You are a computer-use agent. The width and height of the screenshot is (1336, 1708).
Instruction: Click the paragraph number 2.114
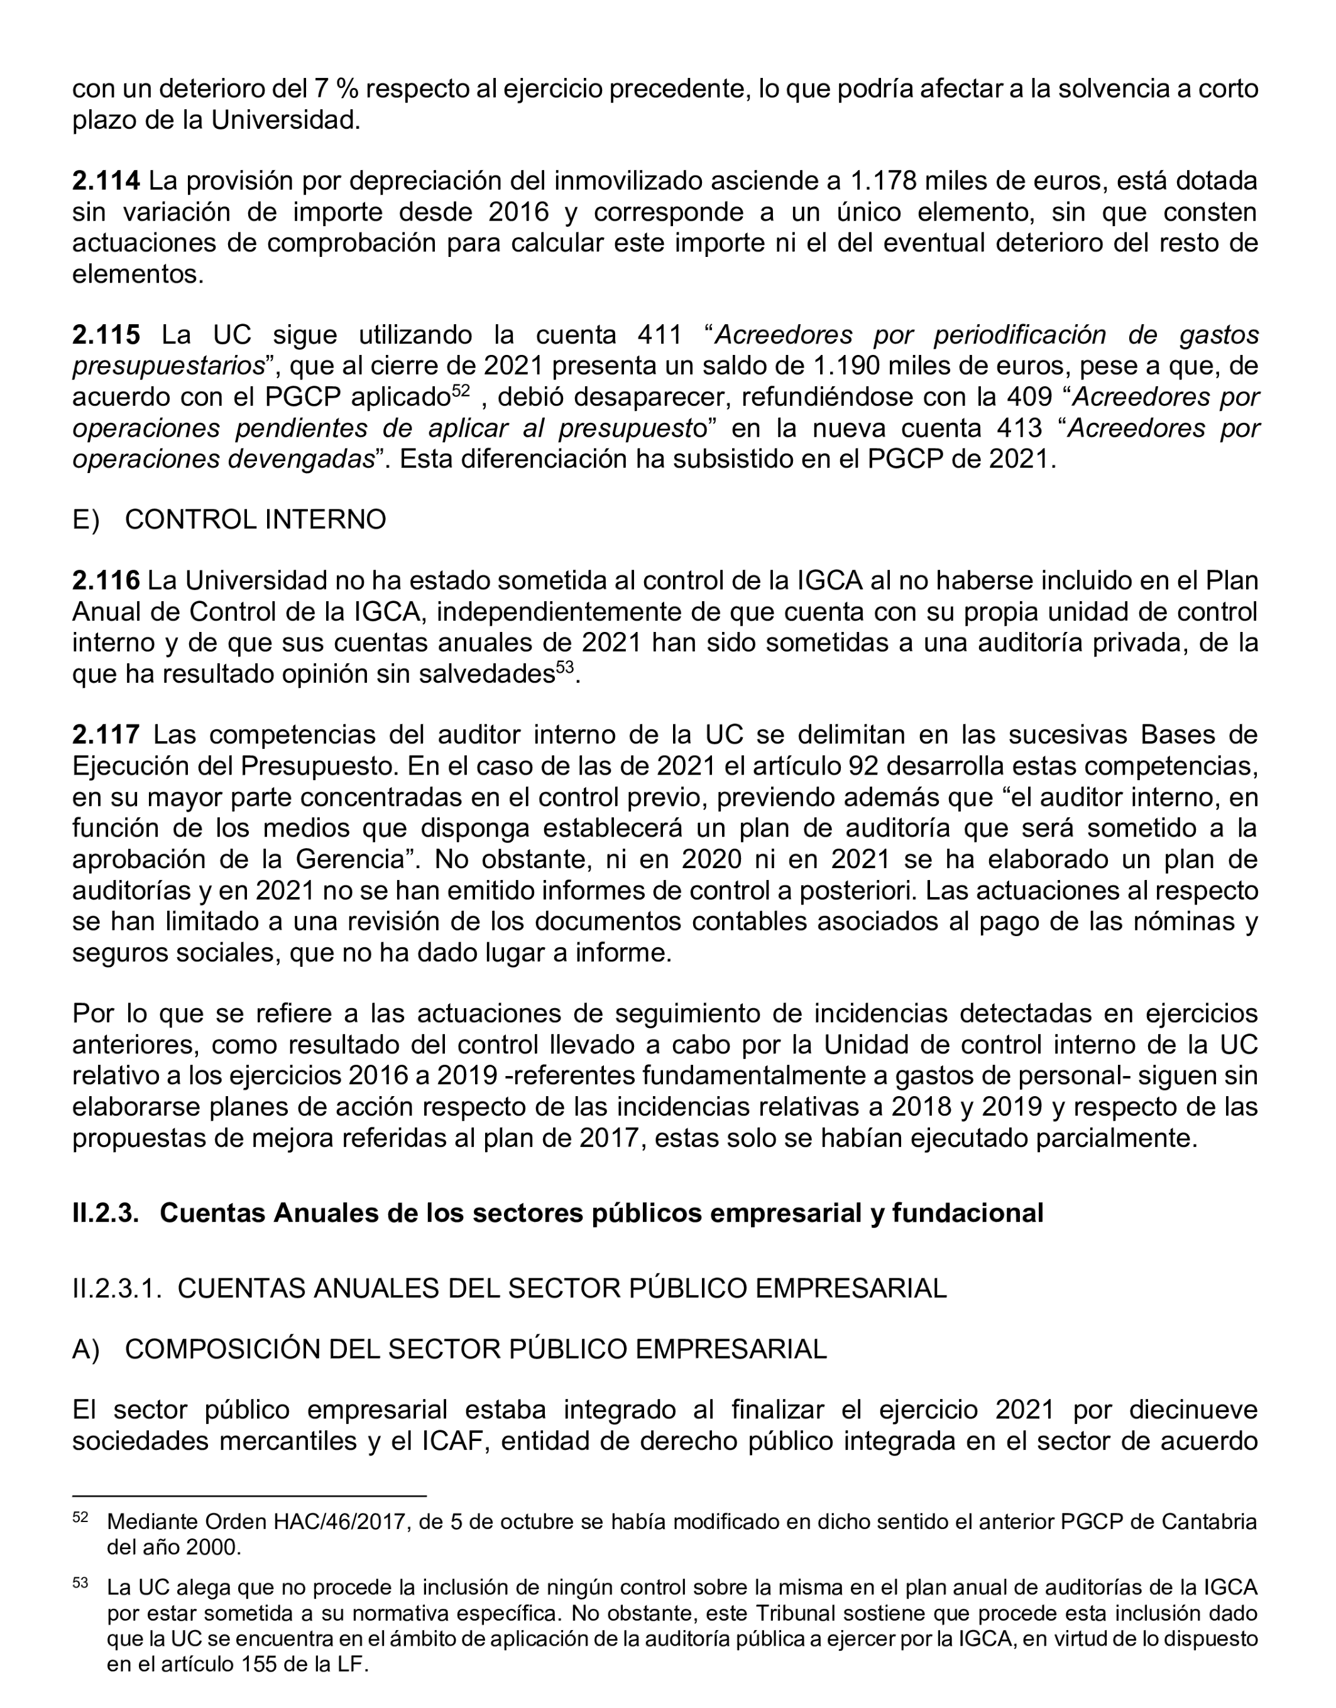click(x=106, y=181)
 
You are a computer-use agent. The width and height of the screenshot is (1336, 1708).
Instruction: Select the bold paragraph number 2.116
click(x=106, y=580)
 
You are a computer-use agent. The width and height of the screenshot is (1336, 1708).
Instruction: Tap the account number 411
click(x=660, y=335)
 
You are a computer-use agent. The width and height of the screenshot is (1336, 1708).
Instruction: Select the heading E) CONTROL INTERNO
click(x=229, y=519)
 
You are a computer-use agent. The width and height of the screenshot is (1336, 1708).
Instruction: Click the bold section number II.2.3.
click(x=106, y=1213)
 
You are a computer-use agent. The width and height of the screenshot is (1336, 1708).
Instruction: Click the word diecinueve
click(x=1193, y=1410)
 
